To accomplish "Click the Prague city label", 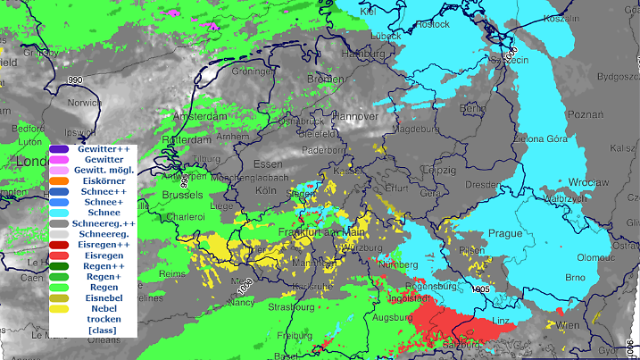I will (506, 233).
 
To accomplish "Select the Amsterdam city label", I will (201, 117).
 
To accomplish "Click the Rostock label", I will (431, 25).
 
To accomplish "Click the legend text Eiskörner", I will (104, 181).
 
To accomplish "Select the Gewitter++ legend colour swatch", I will (60, 149).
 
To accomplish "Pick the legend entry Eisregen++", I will (104, 244).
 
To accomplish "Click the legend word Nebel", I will (104, 307).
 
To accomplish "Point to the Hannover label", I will (357, 116).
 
